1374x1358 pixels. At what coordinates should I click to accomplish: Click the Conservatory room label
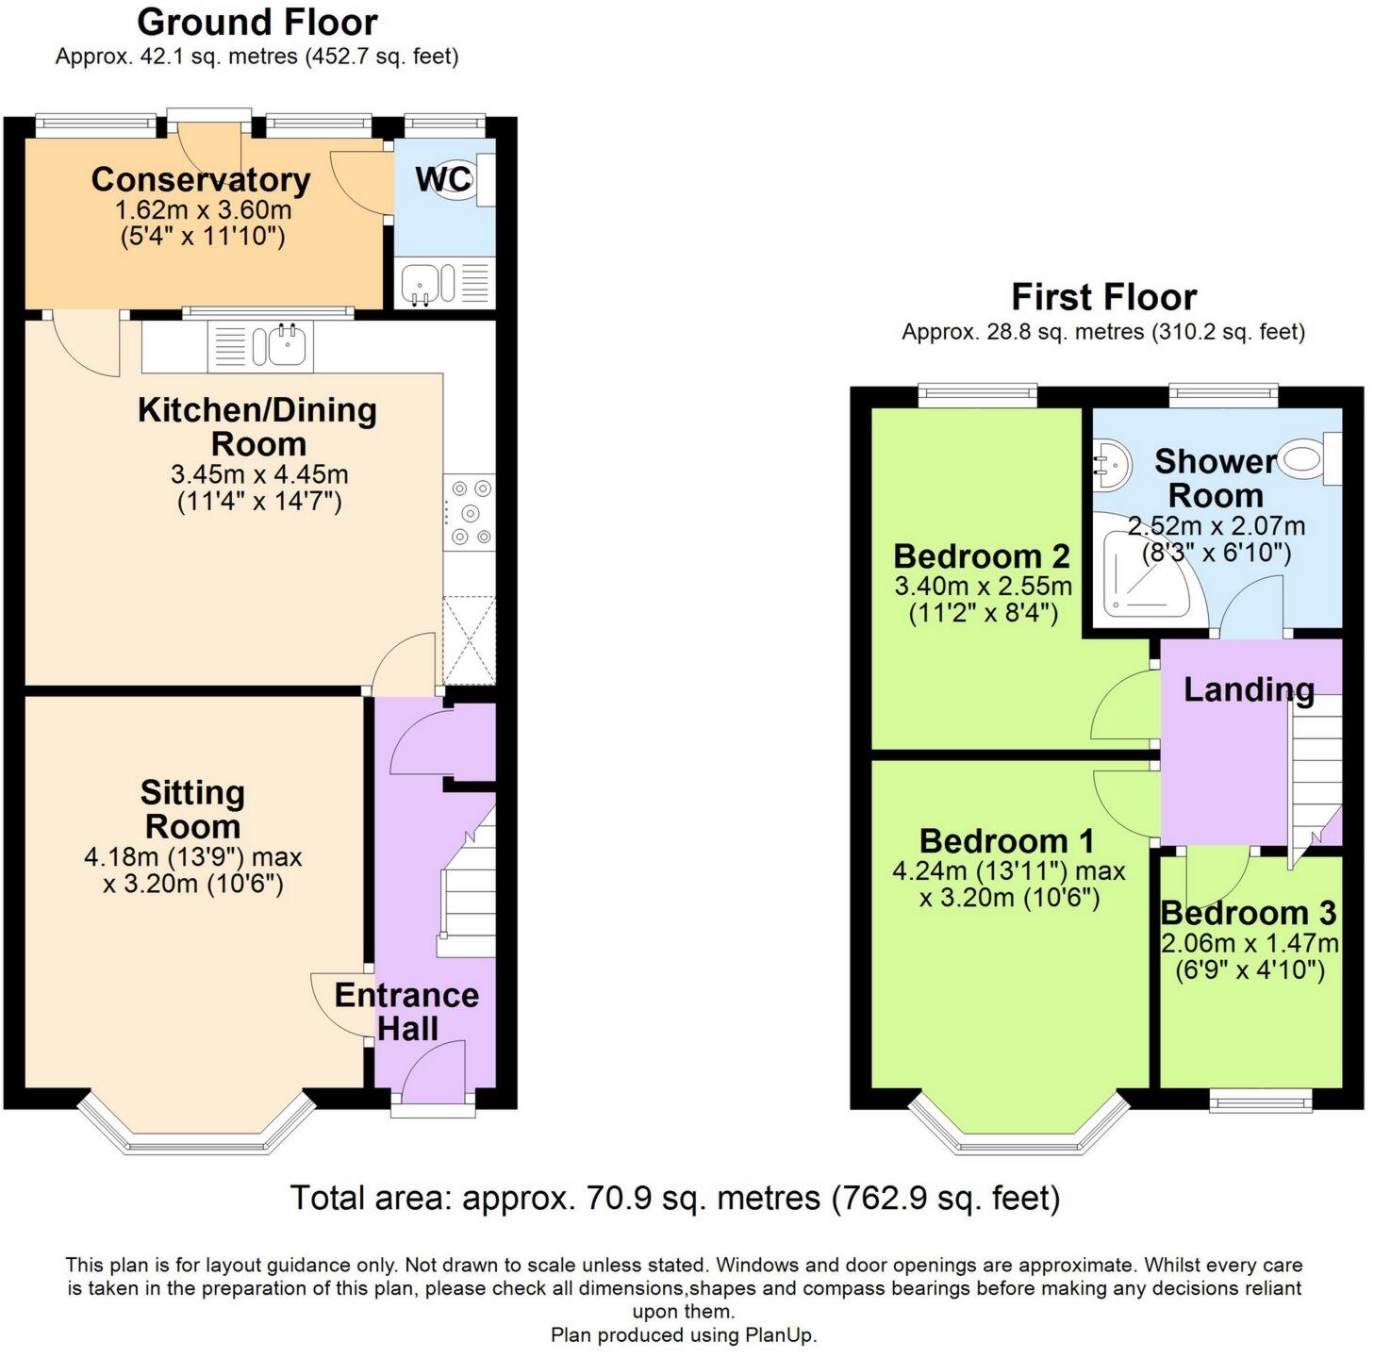tap(201, 179)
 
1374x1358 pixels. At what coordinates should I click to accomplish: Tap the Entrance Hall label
tap(406, 1011)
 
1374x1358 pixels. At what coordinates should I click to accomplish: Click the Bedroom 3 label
tap(1249, 913)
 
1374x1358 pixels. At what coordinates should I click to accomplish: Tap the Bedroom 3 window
tap(1261, 1099)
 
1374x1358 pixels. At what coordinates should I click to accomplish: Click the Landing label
tap(1249, 690)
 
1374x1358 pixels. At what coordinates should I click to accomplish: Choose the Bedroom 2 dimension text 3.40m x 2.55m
tap(983, 586)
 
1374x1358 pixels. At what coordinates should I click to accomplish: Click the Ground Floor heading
tap(257, 21)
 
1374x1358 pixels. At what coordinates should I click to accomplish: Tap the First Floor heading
tap(1103, 297)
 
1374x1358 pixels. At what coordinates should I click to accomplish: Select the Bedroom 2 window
tap(978, 395)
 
